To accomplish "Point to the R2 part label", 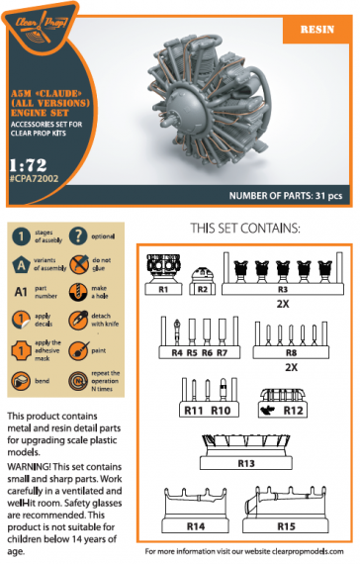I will coord(202,289).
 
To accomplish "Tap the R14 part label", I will coord(194,527).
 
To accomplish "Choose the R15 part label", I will coord(286,527).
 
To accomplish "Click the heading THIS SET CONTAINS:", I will coord(243,229).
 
